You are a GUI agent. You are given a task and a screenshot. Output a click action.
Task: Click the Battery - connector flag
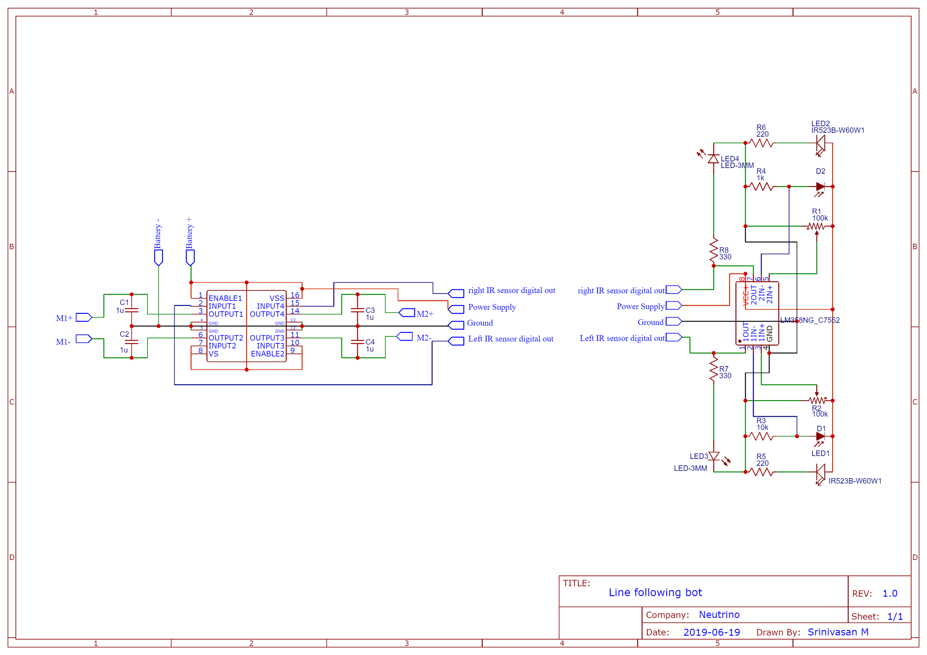tap(158, 257)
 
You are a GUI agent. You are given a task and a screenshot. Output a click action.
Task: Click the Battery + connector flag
tap(190, 257)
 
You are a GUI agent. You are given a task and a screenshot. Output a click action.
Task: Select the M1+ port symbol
tap(83, 317)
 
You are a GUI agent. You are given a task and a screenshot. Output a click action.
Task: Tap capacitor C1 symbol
tap(132, 310)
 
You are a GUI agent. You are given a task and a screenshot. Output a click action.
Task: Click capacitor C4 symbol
tap(357, 341)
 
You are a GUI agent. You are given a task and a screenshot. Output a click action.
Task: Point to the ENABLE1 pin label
tap(225, 298)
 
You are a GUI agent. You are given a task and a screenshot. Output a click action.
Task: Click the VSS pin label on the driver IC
tap(277, 298)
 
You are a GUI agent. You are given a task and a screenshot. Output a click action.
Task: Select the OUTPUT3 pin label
tap(267, 338)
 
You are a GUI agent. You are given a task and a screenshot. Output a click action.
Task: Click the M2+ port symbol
tap(407, 313)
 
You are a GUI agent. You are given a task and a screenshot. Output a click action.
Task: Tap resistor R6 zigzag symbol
tap(761, 143)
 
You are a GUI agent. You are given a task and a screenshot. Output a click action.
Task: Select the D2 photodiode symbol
tap(820, 187)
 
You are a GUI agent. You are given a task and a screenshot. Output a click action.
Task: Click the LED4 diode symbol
tap(713, 159)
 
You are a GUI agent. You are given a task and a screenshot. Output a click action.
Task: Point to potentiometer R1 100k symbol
tap(817, 226)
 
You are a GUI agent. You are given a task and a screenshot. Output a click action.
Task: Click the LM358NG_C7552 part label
tap(810, 320)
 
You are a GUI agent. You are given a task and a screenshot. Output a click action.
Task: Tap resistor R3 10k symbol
tap(761, 436)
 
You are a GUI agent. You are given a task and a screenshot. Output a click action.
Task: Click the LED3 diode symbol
tap(714, 456)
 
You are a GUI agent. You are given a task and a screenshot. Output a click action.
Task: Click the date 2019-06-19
tap(711, 632)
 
